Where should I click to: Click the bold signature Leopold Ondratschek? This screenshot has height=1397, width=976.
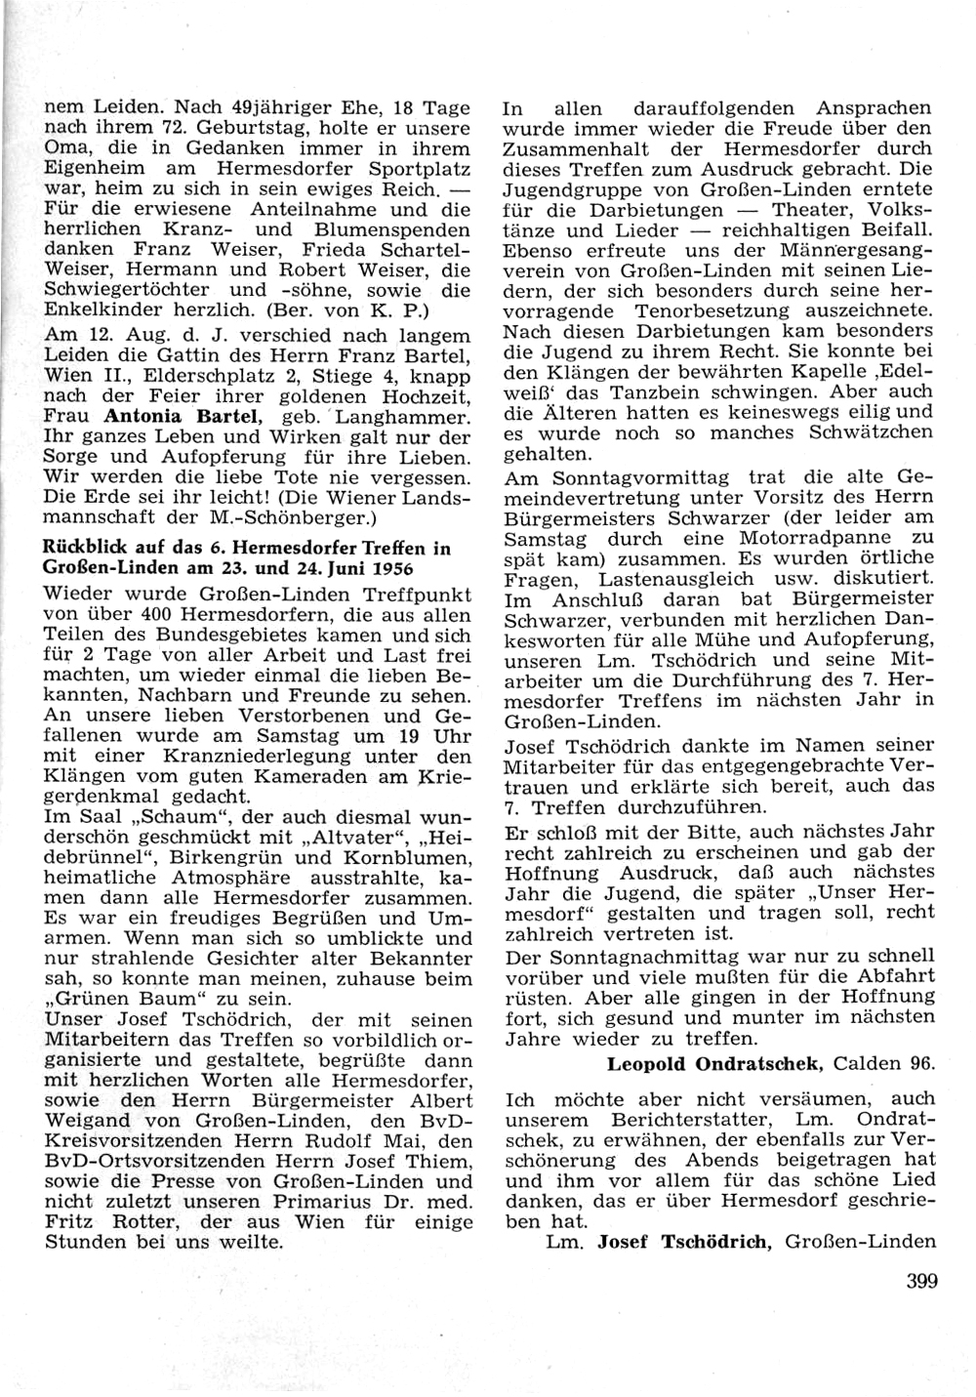point(716,1063)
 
